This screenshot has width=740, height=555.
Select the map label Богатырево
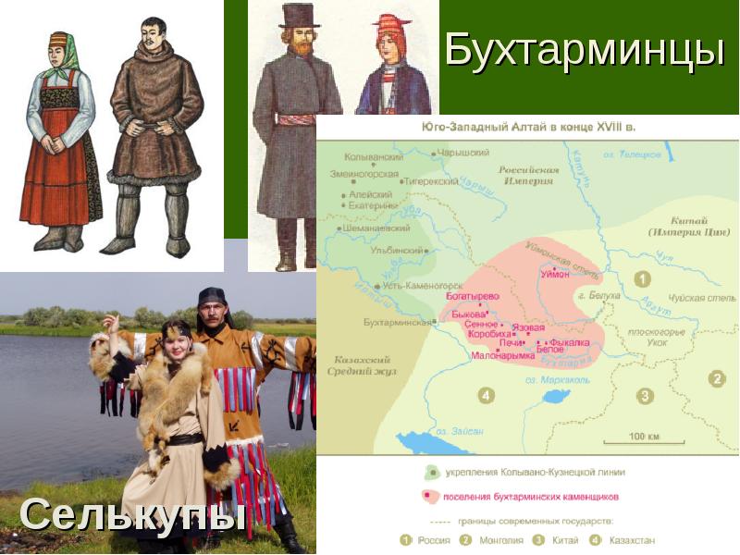[472, 296]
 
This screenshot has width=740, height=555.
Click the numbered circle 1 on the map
[642, 278]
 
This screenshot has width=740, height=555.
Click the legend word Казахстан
[634, 540]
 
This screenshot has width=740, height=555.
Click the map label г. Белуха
[595, 297]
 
